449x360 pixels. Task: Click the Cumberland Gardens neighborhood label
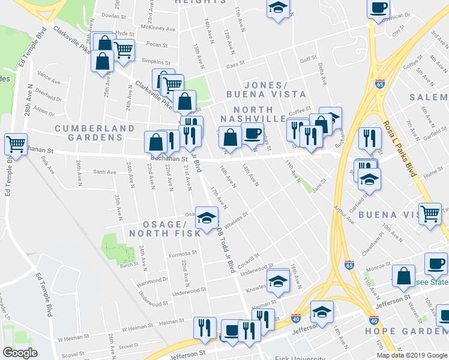tap(95, 133)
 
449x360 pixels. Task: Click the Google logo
tap(20, 353)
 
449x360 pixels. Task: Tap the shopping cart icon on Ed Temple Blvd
tap(16, 145)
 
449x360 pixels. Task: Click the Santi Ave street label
tap(104, 172)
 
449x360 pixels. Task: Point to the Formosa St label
tap(182, 253)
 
